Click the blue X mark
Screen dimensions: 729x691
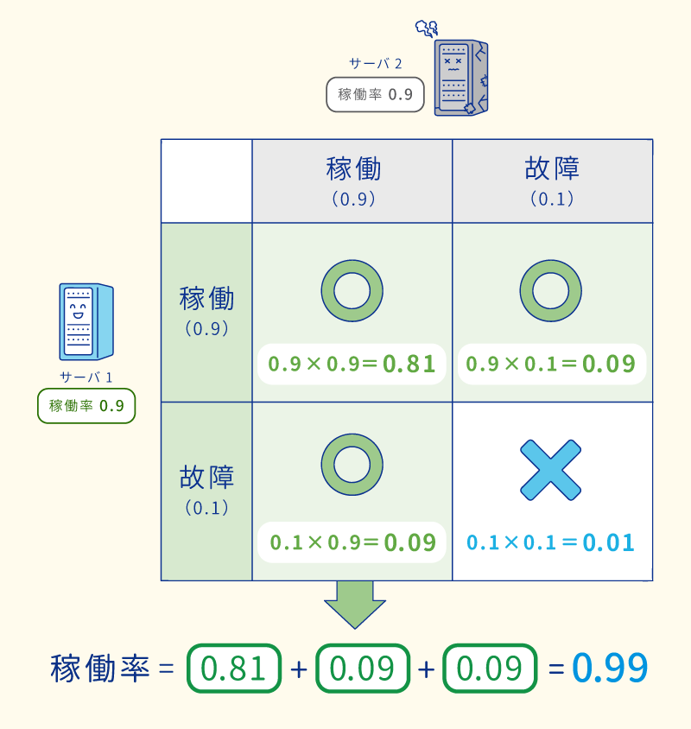[x=550, y=469]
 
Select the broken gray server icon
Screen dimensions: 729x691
[x=460, y=76]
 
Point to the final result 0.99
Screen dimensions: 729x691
[x=610, y=668]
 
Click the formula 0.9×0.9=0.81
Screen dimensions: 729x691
[x=352, y=364]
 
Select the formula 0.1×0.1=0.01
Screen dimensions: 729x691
[x=551, y=542]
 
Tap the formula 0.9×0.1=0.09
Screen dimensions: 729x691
[x=551, y=364]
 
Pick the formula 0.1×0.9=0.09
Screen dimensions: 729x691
[x=352, y=542]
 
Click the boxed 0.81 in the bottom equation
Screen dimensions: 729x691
[x=234, y=669]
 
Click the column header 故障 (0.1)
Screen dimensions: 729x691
[x=552, y=181]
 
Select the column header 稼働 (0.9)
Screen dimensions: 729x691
[x=352, y=181]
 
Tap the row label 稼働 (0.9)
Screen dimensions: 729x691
[x=206, y=312]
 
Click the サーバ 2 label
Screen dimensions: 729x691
[x=375, y=63]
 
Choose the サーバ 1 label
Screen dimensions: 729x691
[x=86, y=377]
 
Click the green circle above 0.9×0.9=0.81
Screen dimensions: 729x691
[x=352, y=290]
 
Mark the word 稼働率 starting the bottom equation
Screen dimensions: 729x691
[x=100, y=669]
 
